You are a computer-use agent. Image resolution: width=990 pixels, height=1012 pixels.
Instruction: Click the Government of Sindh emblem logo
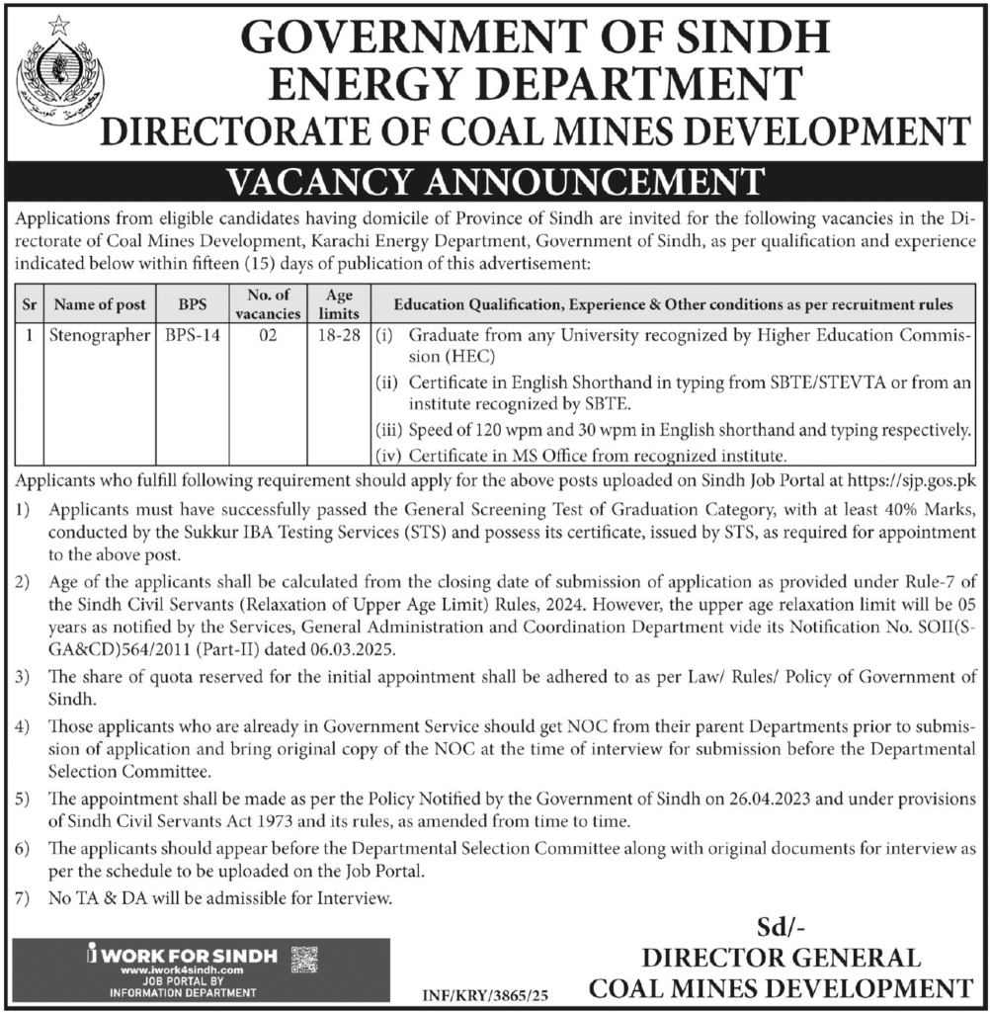pos(59,73)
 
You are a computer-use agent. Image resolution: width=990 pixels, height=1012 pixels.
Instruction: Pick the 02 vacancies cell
pos(267,335)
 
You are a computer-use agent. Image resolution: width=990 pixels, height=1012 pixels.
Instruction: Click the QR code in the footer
pos(306,959)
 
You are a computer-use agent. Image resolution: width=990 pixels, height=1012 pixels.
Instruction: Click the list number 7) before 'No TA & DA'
pos(23,898)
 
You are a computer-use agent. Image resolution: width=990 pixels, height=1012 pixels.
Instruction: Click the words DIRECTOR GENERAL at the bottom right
pos(781,958)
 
